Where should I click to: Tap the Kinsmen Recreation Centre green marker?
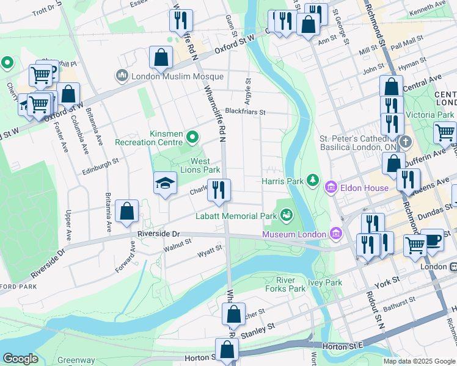[x=194, y=137]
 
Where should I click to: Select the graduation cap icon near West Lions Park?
[x=165, y=184]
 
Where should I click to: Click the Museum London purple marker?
[x=335, y=233]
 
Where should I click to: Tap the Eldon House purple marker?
[x=331, y=186]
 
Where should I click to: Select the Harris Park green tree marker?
[x=313, y=179]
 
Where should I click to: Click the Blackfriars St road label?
[x=245, y=112]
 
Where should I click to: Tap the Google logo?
[x=20, y=359]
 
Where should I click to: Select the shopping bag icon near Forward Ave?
[x=126, y=212]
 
